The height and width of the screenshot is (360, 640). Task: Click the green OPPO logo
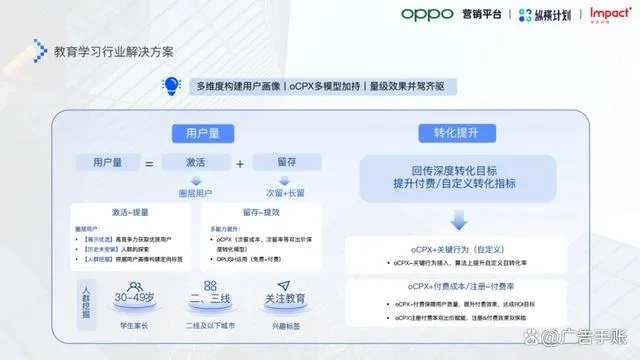[x=428, y=14]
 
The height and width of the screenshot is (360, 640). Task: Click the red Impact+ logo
[x=610, y=14]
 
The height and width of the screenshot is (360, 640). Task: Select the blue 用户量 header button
[x=197, y=132]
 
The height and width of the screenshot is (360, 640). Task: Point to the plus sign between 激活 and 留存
[x=240, y=163]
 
